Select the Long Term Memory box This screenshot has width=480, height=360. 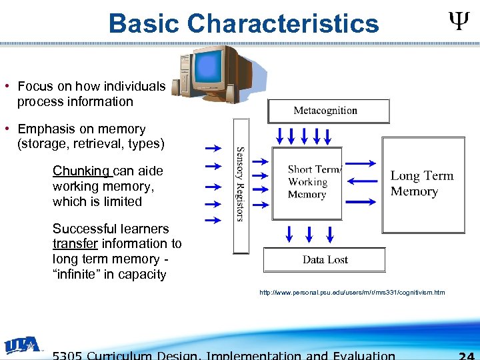click(423, 184)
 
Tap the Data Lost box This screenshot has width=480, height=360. click(325, 259)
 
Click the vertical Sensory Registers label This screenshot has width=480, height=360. click(240, 185)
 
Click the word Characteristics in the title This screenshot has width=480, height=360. click(283, 24)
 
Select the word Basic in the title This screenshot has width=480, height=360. click(145, 24)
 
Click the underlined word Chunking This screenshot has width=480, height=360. click(81, 171)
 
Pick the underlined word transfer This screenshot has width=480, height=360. click(73, 244)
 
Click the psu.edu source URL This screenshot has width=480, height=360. click(353, 293)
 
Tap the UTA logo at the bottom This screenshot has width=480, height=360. click(24, 345)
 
